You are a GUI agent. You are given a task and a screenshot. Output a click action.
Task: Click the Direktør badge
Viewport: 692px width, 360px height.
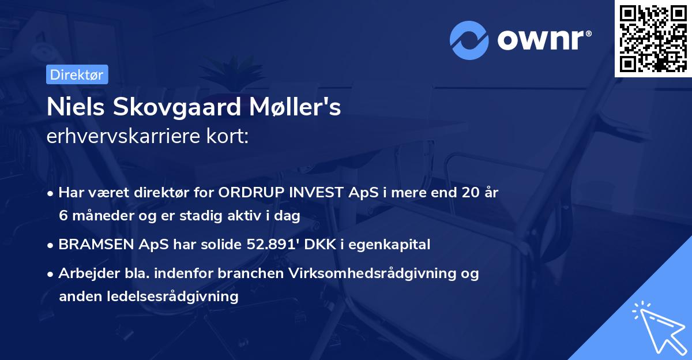77,74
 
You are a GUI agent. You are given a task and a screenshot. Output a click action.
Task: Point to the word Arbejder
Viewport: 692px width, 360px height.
83,273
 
